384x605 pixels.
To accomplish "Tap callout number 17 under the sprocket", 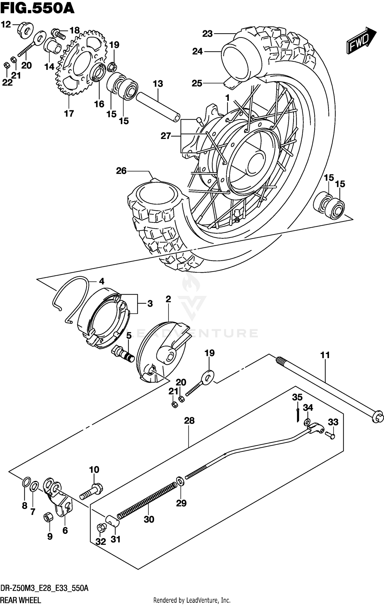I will point(69,113).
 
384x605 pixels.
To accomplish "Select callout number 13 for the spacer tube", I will point(158,84).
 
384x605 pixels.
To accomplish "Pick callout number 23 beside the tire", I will point(207,34).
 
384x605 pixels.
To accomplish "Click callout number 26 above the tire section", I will point(121,171).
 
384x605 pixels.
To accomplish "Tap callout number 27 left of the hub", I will point(166,136).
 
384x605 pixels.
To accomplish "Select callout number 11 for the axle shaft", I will point(325,355).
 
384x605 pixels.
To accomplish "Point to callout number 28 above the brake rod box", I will point(189,421).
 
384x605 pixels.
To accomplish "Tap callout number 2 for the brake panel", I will point(168,299).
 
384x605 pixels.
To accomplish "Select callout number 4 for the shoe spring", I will point(102,281).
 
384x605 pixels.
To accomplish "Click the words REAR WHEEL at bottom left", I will point(20,600).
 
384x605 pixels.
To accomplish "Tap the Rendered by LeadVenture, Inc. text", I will point(192,600).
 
